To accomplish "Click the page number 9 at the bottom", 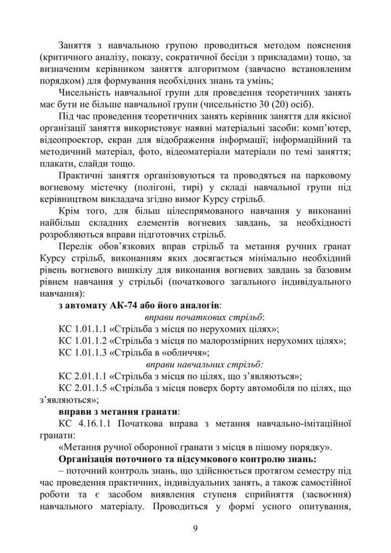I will coord(195,527).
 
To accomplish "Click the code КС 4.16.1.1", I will coord(83,424).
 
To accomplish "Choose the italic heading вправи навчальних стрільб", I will coord(205,364).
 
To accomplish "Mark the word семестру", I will coord(312,471).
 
